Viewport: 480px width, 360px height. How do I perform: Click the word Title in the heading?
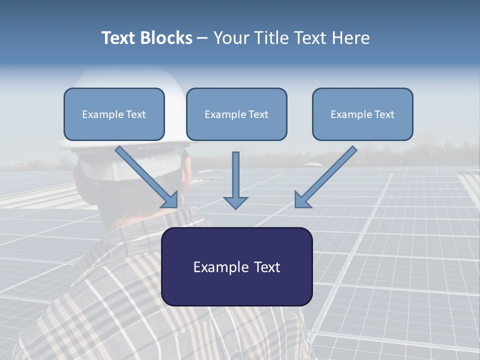point(268,38)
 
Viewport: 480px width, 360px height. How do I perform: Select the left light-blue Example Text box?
point(114,114)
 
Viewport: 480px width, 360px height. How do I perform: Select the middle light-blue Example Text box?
point(236,114)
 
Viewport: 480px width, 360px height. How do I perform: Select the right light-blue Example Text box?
point(362,114)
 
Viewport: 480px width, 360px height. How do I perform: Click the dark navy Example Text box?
point(236,266)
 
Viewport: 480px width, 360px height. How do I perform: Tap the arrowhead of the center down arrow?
point(235,201)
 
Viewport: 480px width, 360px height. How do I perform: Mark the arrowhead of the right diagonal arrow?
point(301,200)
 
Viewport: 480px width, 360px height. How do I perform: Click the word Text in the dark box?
point(264,267)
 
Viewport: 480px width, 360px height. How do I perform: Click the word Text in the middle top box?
point(257,114)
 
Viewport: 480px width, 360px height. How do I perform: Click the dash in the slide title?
point(202,38)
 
